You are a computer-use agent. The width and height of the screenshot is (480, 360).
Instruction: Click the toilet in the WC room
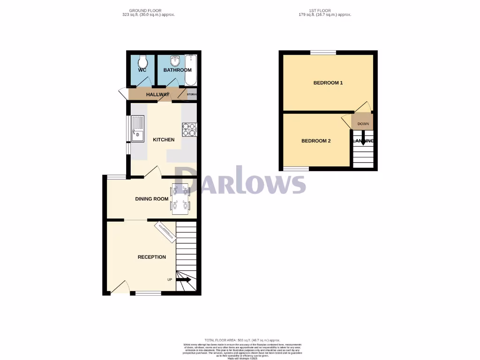[142, 61]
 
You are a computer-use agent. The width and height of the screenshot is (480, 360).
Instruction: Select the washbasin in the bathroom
[175, 61]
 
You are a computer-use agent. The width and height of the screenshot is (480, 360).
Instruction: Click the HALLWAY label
[157, 95]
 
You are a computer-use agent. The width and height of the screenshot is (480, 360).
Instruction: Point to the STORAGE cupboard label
[191, 95]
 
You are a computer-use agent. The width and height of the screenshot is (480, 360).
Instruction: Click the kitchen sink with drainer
[138, 129]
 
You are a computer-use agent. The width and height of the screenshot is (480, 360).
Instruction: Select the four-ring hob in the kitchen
[189, 129]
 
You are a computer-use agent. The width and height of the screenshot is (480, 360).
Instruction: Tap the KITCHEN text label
[164, 140]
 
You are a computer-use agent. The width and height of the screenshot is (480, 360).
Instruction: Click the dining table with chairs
[180, 197]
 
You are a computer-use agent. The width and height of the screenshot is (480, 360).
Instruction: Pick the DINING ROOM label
[151, 199]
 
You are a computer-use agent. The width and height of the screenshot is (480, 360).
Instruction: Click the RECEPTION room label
[151, 257]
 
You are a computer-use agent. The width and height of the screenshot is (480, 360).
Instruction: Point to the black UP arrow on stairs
[183, 279]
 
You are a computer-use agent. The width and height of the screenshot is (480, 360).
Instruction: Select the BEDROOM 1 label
[328, 83]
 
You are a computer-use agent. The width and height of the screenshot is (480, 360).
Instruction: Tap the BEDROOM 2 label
[316, 141]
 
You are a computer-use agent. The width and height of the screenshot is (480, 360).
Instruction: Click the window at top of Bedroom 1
[323, 52]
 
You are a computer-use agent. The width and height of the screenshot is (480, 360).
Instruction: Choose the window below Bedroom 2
[296, 169]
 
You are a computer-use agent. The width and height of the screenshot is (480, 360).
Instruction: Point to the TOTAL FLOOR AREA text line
[242, 340]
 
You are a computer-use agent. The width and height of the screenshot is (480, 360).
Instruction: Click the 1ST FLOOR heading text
[325, 10]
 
